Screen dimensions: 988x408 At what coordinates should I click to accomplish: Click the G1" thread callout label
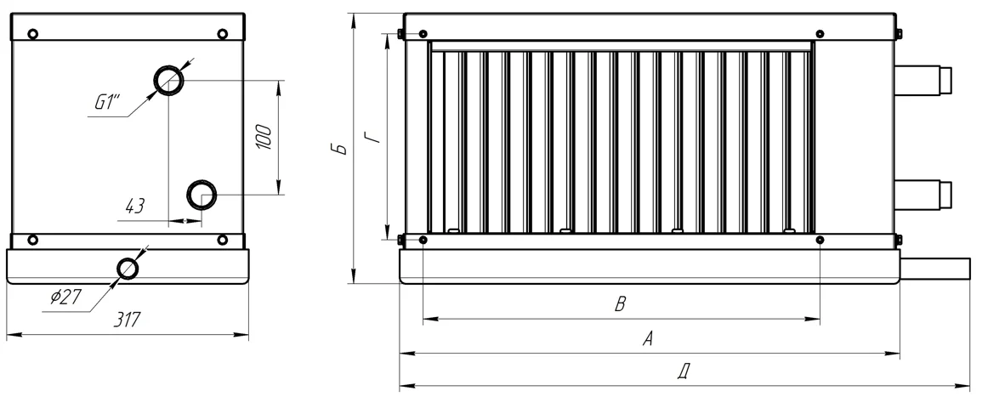107,102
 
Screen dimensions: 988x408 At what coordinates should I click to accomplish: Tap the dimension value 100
264,137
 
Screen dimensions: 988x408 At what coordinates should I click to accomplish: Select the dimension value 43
135,206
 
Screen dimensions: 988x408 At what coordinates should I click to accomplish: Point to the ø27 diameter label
66,296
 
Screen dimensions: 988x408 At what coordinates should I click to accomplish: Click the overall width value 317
127,320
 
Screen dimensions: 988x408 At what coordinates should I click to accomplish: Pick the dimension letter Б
339,149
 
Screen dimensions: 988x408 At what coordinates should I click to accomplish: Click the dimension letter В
620,305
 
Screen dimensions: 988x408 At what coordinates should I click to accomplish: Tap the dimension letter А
647,339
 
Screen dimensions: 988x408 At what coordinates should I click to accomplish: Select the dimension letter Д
683,372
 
